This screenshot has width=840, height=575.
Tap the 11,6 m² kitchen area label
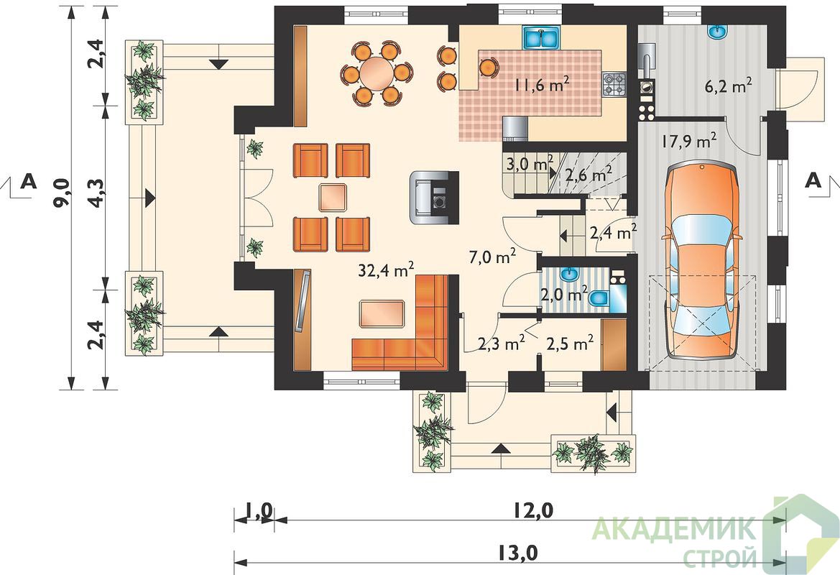point(542,84)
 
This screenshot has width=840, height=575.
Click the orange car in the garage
point(702,261)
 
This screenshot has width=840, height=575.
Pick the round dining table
point(377,73)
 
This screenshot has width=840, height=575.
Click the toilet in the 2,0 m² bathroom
point(599,298)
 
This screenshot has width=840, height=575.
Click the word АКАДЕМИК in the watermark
point(675,529)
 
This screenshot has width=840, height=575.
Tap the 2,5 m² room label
point(570,343)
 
